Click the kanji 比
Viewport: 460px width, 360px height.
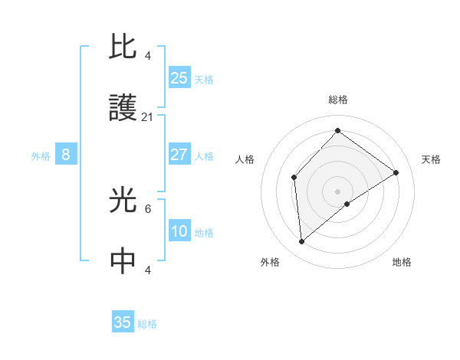tap(123, 47)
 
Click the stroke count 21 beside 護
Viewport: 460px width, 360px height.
tap(148, 117)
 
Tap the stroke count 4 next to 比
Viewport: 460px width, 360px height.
tap(148, 55)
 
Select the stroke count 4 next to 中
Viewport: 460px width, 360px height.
tap(148, 270)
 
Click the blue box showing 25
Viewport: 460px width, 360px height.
tap(179, 78)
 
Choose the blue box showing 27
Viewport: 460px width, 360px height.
tap(179, 155)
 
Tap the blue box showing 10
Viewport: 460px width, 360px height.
tap(179, 231)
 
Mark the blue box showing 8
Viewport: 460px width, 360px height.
tap(66, 155)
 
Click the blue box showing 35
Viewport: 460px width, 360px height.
tap(123, 322)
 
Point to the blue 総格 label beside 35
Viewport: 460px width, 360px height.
tap(147, 324)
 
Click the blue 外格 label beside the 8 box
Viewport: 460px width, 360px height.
tap(41, 156)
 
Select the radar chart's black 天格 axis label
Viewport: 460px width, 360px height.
tap(431, 159)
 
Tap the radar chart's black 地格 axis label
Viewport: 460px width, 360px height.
tap(402, 262)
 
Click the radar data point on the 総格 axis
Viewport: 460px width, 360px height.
tap(337, 131)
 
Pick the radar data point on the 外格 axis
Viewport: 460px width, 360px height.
tap(302, 242)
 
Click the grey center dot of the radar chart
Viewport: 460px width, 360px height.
tap(337, 191)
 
